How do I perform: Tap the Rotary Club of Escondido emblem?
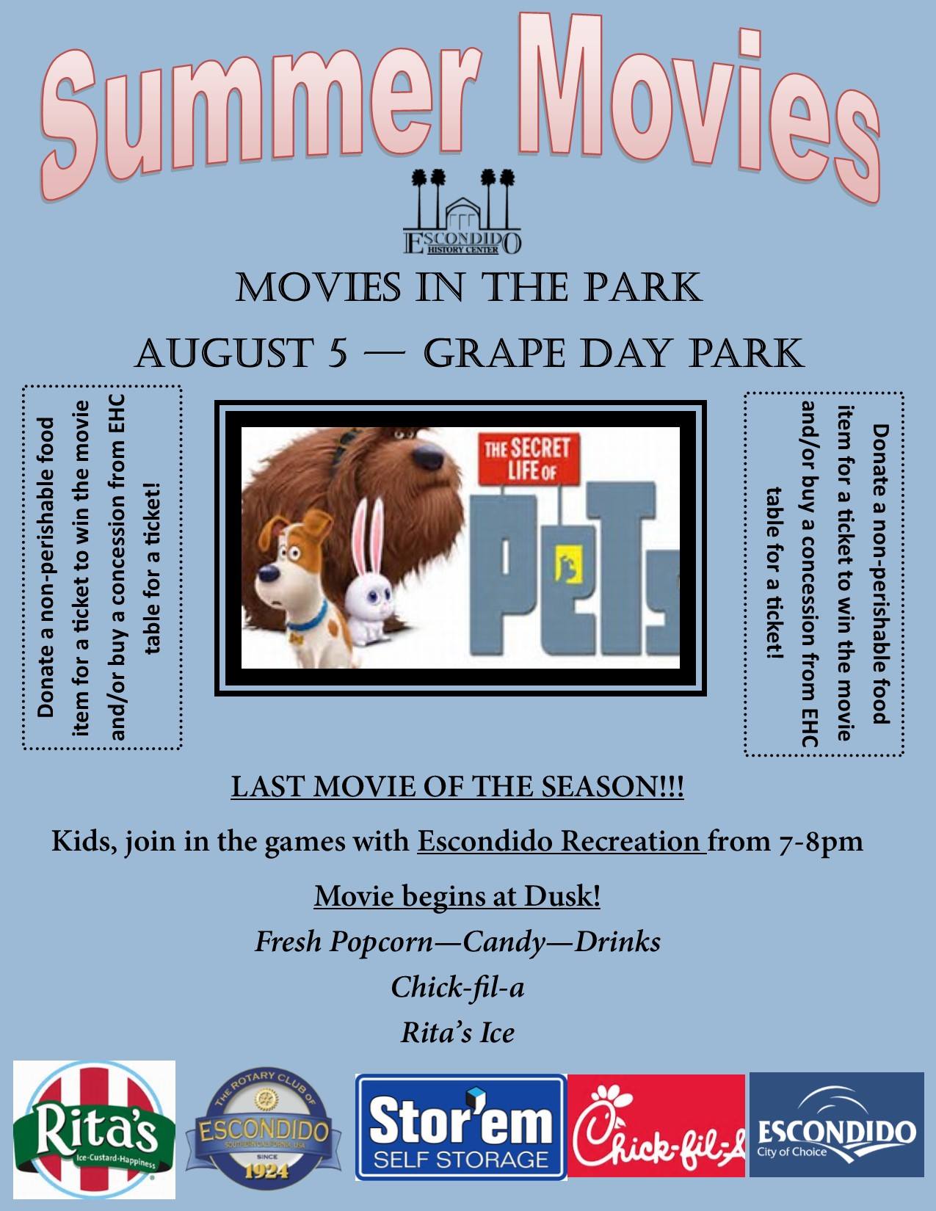pos(264,1128)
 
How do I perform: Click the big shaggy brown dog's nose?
pos(429,457)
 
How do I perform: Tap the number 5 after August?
pos(337,353)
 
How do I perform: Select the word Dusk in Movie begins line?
pos(562,897)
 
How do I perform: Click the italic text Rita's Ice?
pos(457,1033)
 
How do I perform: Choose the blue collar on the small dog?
pos(308,619)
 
